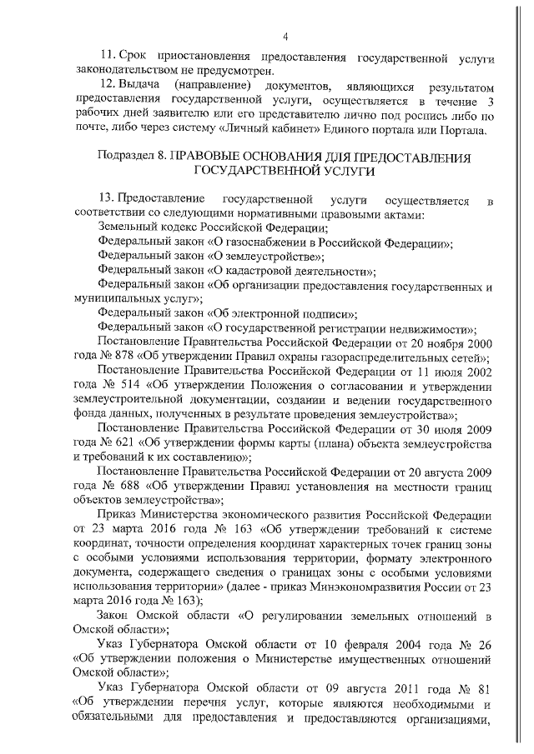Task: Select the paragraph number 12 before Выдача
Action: click(105, 87)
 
